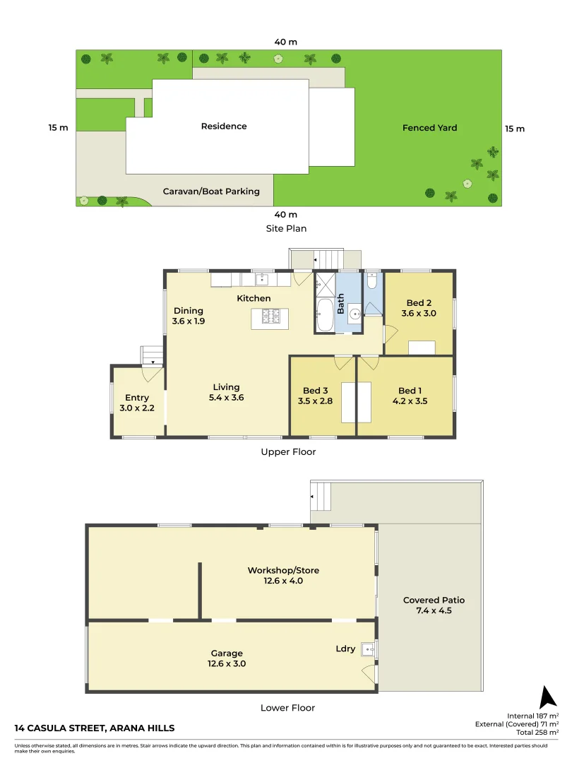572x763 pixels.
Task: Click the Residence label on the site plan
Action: pos(224,126)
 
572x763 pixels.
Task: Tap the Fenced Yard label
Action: pos(429,128)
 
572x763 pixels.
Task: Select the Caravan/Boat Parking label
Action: pos(211,191)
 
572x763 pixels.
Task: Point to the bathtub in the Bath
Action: pos(325,315)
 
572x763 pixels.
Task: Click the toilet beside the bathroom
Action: pos(372,282)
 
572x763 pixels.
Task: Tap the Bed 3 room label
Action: pos(315,391)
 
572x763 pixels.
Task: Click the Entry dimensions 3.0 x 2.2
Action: pos(137,408)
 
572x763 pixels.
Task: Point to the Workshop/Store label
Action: pos(275,570)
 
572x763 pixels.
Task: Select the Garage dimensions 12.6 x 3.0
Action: pos(227,664)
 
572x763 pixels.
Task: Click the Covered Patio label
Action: pos(434,601)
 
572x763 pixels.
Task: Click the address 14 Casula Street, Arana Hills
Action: pos(95,728)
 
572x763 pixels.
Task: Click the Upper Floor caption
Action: pos(288,451)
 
